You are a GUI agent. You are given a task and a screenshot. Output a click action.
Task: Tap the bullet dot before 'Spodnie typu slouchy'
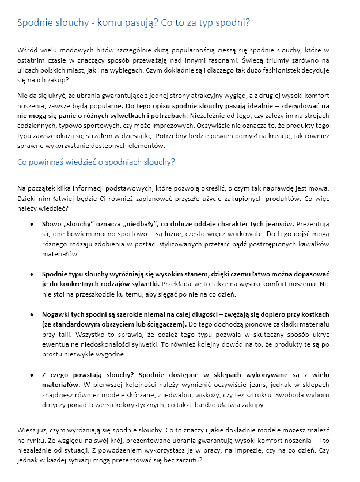coord(31,274)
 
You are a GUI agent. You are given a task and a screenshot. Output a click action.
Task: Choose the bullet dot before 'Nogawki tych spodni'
coord(31,314)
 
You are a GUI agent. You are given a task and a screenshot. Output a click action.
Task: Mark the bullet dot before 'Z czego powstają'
coord(31,374)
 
